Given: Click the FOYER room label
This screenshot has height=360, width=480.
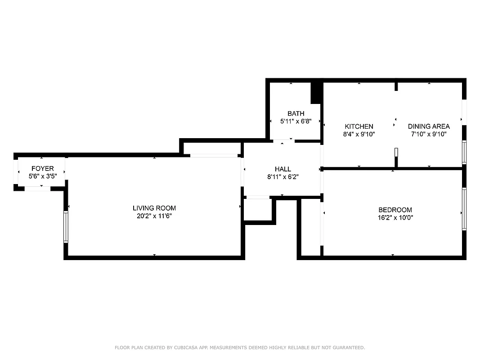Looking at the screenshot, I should coord(42,169).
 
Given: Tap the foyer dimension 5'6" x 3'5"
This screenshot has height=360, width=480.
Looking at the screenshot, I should coord(42,176).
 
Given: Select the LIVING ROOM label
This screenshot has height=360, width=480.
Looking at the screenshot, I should coord(154,208).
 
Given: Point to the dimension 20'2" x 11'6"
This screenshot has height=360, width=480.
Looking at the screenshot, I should coord(154,216).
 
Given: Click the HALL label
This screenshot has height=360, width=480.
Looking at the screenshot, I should coord(283,169).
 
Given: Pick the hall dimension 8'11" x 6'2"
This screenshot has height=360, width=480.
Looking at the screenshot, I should coord(283,177).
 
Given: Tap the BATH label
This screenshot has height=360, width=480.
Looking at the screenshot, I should coord(296,113).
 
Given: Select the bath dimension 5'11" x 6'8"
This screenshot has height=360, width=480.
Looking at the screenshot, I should coord(296,121).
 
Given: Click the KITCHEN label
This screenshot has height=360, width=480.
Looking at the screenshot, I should coord(359,126).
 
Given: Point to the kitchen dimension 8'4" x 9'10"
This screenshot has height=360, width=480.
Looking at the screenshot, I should coord(359,134).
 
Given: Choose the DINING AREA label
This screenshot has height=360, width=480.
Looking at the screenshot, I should coord(429,126).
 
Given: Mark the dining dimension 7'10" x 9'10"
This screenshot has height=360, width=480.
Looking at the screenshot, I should coord(429,134).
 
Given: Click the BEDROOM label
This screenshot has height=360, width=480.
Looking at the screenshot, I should coord(395,210).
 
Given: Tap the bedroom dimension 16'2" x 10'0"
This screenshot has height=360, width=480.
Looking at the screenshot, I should coord(395,217).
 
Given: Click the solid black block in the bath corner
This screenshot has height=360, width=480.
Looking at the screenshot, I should coord(316,92).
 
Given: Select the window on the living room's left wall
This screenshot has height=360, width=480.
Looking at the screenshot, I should coord(66,227).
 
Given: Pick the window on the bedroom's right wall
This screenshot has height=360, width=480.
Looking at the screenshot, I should coord(464,209).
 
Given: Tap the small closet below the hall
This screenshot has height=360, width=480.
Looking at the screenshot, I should coord(258,209).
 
